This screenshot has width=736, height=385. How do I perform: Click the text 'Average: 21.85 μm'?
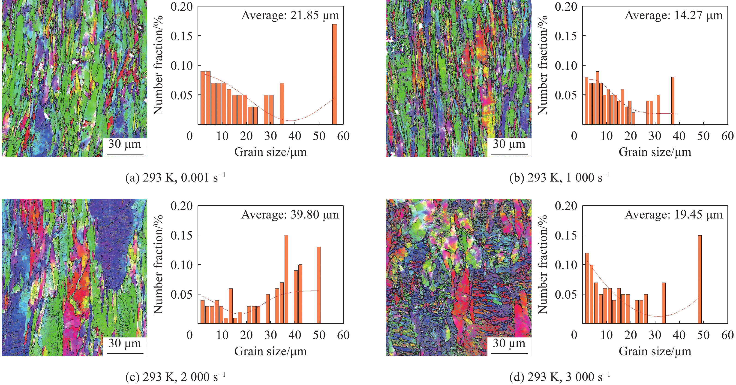point(290,15)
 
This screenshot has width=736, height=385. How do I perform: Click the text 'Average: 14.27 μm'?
point(673,15)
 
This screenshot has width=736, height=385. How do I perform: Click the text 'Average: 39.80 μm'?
point(290,214)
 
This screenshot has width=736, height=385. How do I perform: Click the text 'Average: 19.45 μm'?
point(673,214)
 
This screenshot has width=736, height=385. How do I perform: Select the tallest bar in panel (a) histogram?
point(335,74)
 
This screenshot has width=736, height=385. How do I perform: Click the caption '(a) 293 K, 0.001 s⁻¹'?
point(175,178)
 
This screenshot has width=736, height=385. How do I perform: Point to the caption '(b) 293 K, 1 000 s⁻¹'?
point(560,178)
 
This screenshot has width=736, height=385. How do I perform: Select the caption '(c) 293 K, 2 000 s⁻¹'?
point(175,377)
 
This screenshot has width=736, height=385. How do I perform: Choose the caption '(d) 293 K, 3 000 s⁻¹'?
point(560,377)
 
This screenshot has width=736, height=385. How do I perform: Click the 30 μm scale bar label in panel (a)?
point(125,144)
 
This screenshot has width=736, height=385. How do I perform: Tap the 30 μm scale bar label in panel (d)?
point(509,343)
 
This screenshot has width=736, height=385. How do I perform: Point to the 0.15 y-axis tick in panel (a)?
point(182,36)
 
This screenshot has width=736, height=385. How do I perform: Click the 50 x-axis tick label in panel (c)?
point(319,335)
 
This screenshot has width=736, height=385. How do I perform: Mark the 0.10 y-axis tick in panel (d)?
point(566,265)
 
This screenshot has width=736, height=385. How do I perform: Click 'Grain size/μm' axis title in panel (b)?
point(655,152)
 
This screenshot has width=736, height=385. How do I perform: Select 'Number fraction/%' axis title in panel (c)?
point(158,264)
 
